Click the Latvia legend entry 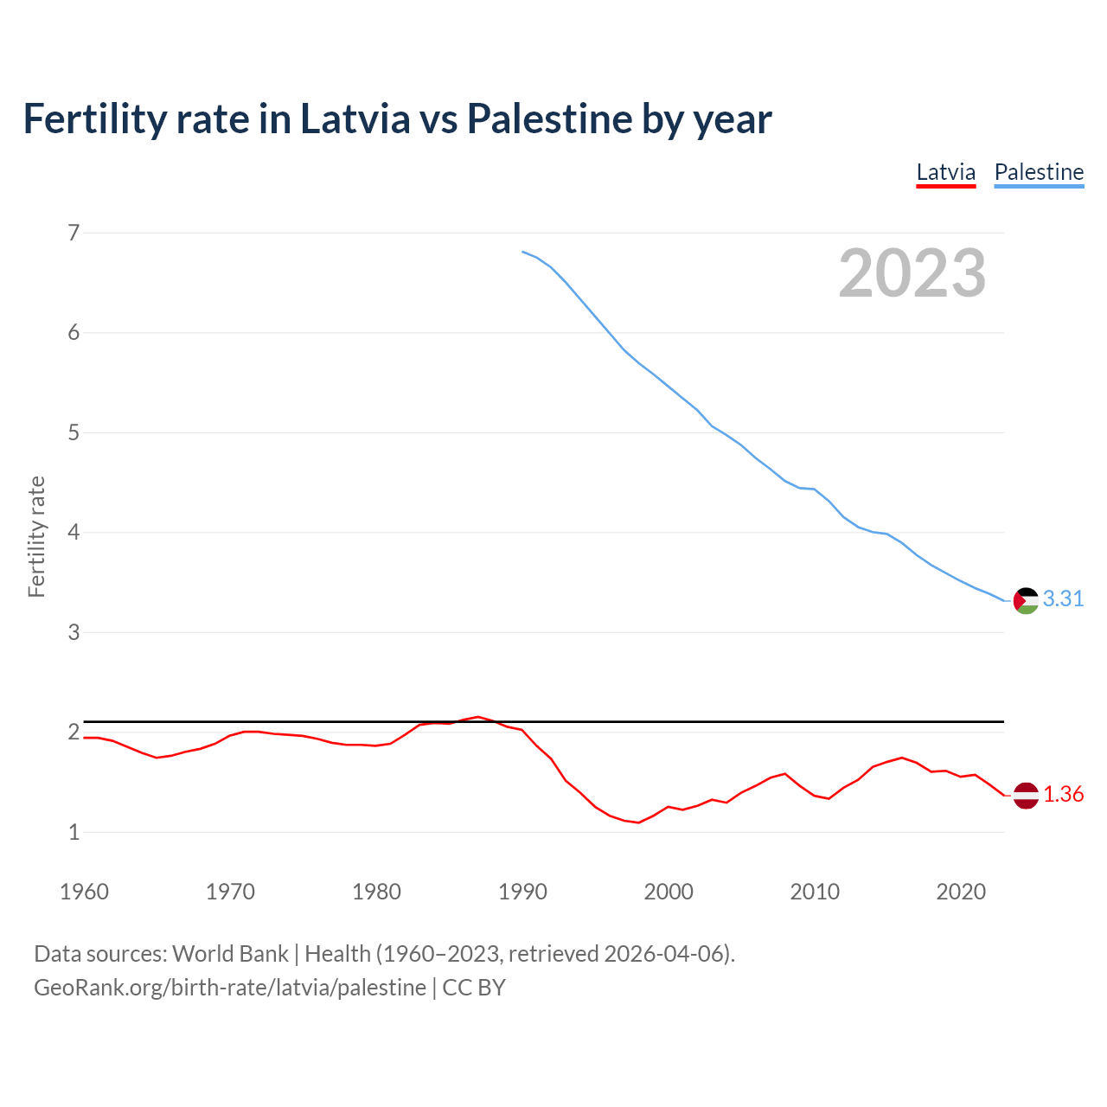tap(946, 172)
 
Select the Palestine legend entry tap(1039, 172)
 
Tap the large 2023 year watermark tap(912, 273)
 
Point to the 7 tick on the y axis tap(74, 233)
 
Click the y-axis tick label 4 tap(74, 532)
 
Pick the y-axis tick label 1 tap(74, 832)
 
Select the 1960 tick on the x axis tap(84, 892)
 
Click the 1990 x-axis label tap(522, 892)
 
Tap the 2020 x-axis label tap(961, 892)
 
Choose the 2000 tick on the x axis tap(669, 892)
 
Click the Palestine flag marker tap(1026, 600)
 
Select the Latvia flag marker tap(1026, 795)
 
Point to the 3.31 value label tap(1063, 598)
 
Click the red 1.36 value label tap(1063, 794)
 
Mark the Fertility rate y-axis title tap(36, 536)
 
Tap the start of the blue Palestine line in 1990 tap(522, 252)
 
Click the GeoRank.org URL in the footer tap(230, 988)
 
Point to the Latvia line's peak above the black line tap(477, 717)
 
